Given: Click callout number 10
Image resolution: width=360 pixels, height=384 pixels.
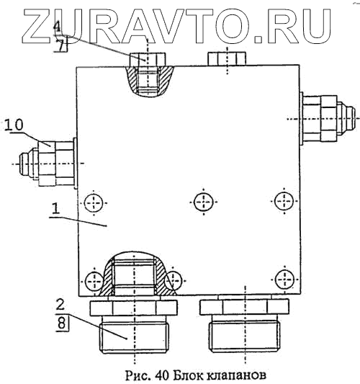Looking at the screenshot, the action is pos(14,125).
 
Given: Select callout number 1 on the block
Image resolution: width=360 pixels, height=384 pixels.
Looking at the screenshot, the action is pos(56,209).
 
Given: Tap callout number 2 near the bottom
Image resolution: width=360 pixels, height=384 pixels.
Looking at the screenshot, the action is pos(60,305).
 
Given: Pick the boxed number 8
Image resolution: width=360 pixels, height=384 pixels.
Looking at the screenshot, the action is pos(62,323).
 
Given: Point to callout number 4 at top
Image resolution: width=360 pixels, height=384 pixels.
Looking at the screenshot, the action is pos(58,26).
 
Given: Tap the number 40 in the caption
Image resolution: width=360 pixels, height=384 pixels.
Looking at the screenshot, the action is pos(162,375).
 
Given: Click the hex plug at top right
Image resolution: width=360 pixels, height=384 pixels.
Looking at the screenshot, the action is pos(227,59).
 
